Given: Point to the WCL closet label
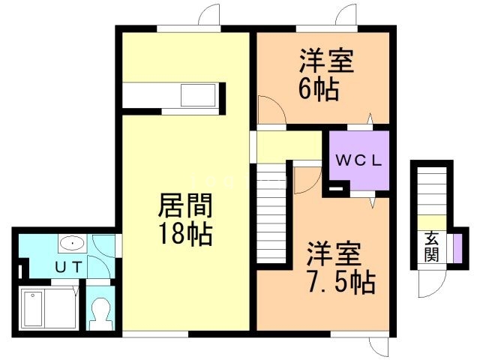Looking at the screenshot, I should click(359, 160).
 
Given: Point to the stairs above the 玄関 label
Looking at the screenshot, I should click(431, 191).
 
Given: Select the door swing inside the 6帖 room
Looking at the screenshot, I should click(271, 110).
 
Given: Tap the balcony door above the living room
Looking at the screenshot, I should click(208, 17).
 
